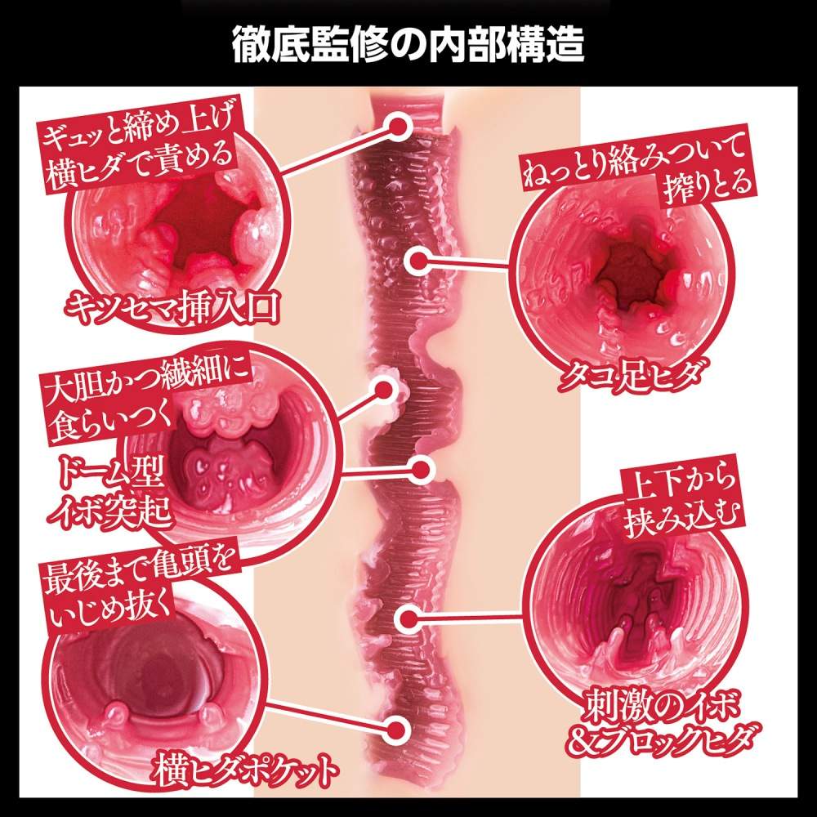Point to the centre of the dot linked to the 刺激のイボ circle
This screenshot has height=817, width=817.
(x=410, y=618)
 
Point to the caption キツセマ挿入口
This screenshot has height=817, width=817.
(x=172, y=307)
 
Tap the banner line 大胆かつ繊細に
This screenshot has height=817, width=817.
(x=147, y=382)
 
